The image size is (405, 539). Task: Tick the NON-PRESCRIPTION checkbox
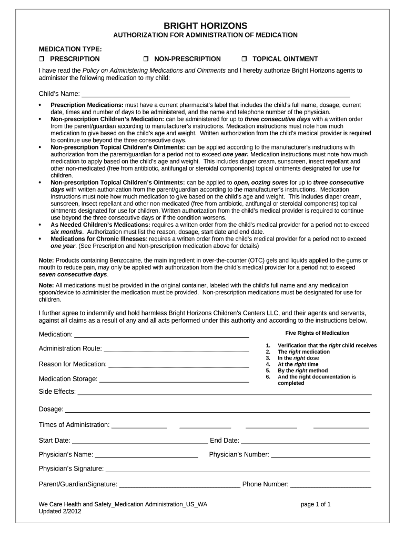147,59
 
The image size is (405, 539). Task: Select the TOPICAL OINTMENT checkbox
244,59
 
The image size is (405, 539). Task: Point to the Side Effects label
57,392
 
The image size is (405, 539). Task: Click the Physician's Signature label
71,469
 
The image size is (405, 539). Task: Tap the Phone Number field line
330,486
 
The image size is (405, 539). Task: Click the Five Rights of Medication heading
317,333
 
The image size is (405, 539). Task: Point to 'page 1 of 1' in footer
316,504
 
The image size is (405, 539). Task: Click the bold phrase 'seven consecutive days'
73,274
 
